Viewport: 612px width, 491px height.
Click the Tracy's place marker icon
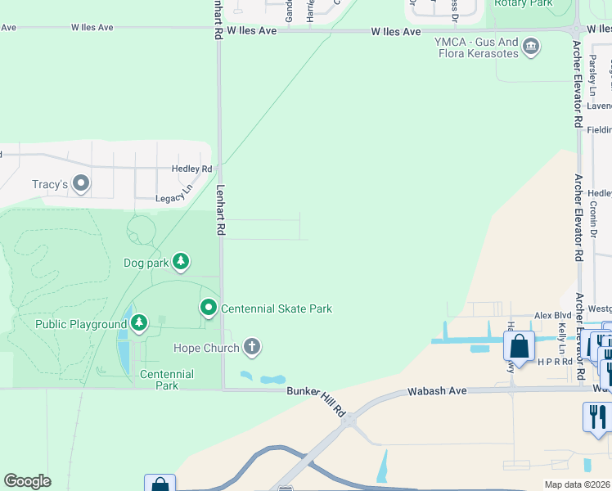tap(80, 184)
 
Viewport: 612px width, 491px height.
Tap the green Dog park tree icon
tap(181, 263)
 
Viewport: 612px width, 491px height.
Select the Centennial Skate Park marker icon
tap(209, 309)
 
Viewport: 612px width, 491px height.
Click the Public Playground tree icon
tap(139, 324)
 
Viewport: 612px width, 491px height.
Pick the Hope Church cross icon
tap(252, 348)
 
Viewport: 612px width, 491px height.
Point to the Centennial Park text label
tap(166, 380)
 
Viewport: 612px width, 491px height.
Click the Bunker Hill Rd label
tap(317, 401)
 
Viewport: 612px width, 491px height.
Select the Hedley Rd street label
tap(191, 169)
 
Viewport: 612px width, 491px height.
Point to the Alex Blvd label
tap(552, 315)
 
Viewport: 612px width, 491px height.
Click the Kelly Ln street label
tap(562, 332)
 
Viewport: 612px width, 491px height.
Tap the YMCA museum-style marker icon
tap(531, 46)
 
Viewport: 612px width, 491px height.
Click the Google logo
tap(27, 481)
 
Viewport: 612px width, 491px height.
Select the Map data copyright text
tap(578, 484)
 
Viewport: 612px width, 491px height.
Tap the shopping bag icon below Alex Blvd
tap(519, 346)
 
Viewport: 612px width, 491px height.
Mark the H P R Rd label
tap(555, 361)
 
